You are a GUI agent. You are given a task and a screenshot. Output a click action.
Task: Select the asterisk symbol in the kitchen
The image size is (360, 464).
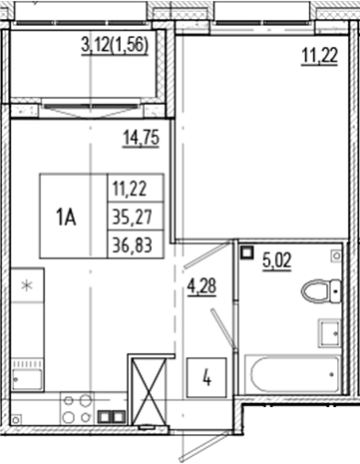tap(28, 288)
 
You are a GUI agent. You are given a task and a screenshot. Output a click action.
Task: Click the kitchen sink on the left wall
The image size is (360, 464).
tap(26, 377)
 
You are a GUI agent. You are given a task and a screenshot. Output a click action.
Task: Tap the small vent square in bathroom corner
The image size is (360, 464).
tap(248, 253)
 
